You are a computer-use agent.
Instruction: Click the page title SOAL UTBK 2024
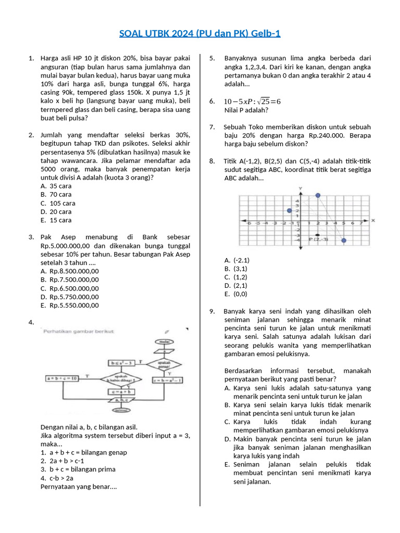click(x=199, y=34)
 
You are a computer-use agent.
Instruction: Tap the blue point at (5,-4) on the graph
click(x=344, y=240)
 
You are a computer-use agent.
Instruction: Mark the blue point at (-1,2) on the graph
click(x=290, y=211)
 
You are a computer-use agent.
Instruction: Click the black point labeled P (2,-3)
click(x=317, y=235)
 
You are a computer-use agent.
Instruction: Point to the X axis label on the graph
click(x=373, y=221)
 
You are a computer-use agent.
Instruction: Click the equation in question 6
click(x=252, y=101)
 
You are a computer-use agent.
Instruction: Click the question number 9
click(x=213, y=311)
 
